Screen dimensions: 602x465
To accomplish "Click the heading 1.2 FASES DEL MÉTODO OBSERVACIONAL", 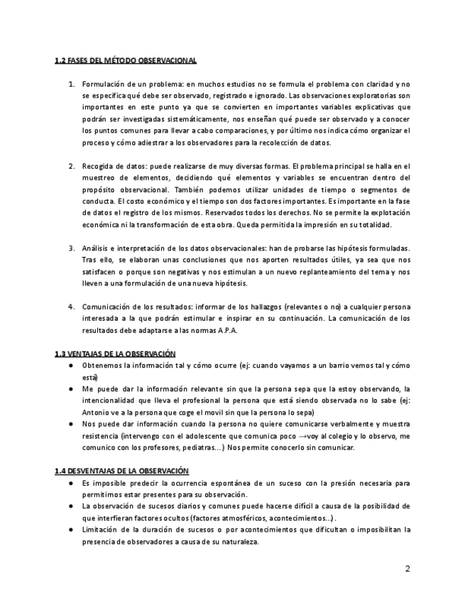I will click(x=126, y=61).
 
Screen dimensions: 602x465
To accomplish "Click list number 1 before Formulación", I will click(x=72, y=84).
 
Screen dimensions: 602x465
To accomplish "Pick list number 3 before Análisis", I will click(x=72, y=248).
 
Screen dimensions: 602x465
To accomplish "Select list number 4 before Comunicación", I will click(x=72, y=307).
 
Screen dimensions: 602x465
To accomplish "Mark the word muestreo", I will click(x=101, y=177).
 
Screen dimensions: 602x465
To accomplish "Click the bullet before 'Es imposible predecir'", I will click(x=72, y=483).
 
